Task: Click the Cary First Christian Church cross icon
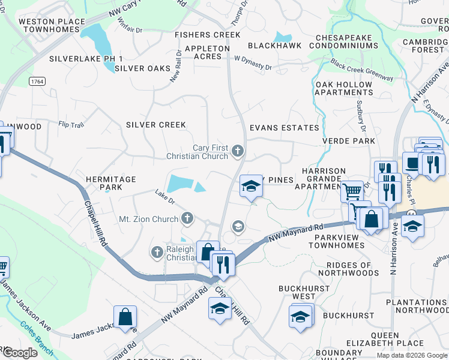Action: [x=238, y=151]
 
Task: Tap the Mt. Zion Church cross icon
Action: [x=188, y=218]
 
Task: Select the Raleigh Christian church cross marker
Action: [x=158, y=252]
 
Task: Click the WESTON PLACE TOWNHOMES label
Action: [x=52, y=25]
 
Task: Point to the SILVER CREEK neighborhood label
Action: [x=155, y=125]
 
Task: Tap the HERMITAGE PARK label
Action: [x=111, y=183]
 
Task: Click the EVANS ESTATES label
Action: [x=285, y=128]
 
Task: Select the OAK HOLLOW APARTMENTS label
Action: [x=344, y=88]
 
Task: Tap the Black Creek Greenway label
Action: [x=361, y=70]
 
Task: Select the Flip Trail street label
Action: [x=71, y=125]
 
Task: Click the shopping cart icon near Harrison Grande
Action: [x=352, y=191]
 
